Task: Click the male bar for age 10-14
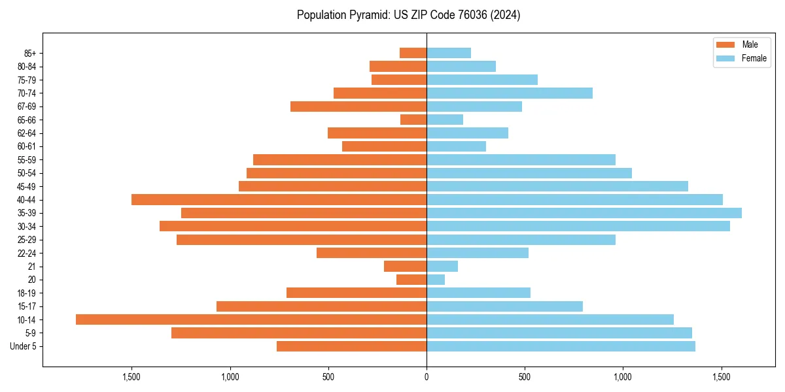[251, 319]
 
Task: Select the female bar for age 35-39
[584, 213]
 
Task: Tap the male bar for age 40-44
[279, 199]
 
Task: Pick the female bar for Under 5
[561, 346]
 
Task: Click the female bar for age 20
[436, 280]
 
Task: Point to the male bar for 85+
[413, 53]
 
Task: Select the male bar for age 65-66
[413, 120]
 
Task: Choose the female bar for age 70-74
[510, 93]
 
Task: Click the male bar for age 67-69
[358, 106]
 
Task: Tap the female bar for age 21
[442, 266]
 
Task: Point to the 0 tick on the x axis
[427, 376]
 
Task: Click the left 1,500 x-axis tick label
[131, 376]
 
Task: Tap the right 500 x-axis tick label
[525, 376]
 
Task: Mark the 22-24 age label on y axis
[26, 253]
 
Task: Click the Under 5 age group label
[23, 346]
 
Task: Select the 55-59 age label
[26, 159]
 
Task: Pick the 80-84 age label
[26, 66]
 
